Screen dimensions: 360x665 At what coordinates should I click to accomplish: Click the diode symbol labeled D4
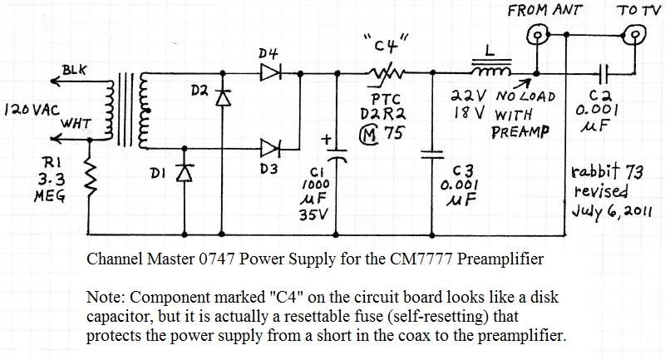click(270, 72)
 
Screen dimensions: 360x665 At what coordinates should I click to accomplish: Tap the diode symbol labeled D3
click(270, 148)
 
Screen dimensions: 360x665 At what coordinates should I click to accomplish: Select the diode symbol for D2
click(222, 96)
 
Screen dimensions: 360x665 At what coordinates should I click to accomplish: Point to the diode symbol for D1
click(185, 172)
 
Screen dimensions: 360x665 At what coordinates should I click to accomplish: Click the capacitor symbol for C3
click(431, 154)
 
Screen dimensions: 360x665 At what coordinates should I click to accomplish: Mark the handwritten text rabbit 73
click(606, 175)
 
